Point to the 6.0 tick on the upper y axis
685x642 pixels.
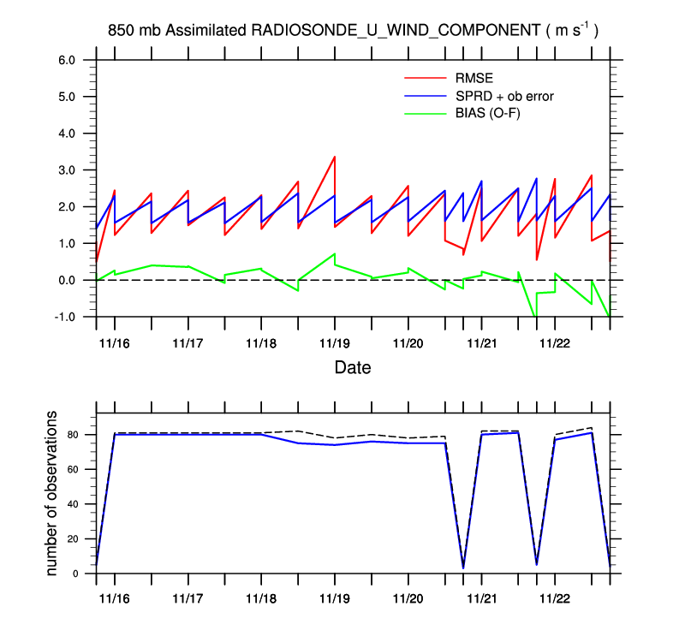[x=67, y=61]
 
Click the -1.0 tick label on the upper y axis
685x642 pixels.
[x=65, y=318]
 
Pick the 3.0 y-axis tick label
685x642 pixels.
[x=67, y=170]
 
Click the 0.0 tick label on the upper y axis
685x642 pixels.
[x=67, y=281]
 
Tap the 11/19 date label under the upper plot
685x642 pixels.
[x=334, y=342]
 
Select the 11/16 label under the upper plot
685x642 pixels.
[x=115, y=342]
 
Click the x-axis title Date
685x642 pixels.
[x=353, y=369]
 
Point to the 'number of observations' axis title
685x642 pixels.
[x=52, y=492]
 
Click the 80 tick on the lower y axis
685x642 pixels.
[x=72, y=435]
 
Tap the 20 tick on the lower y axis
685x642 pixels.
[x=72, y=539]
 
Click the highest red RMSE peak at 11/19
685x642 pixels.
[x=334, y=157]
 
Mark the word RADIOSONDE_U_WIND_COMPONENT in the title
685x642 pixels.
[x=394, y=30]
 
